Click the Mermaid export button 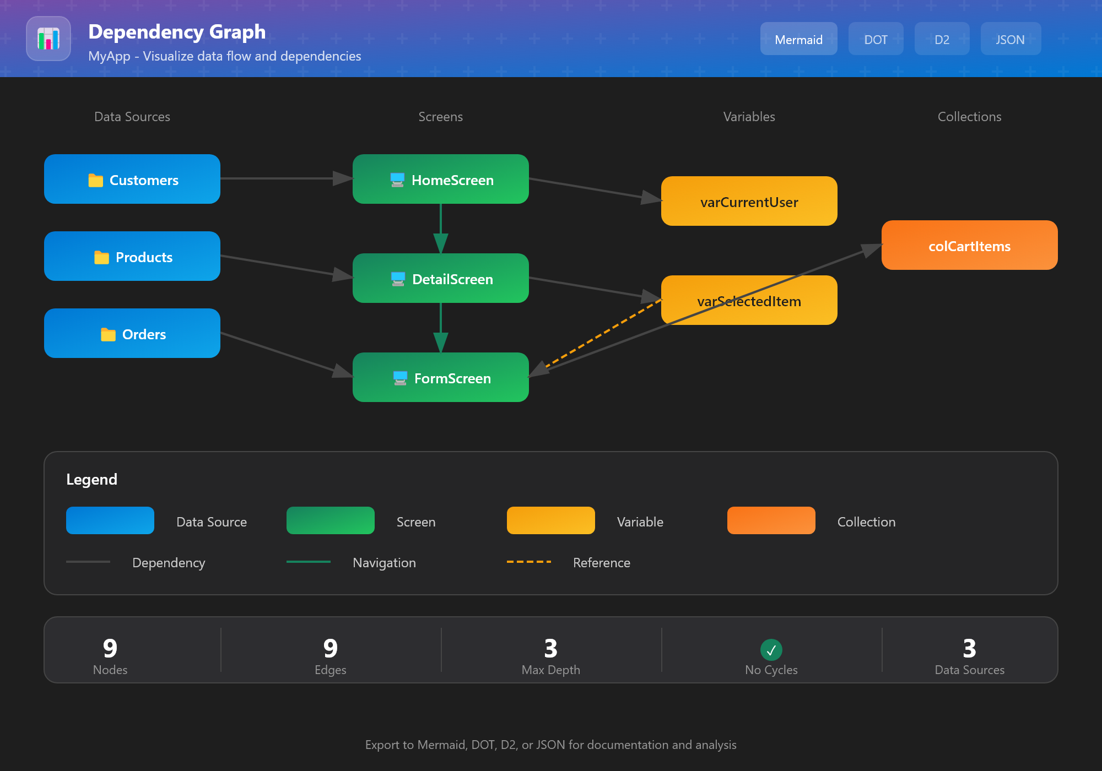click(798, 39)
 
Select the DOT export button click(876, 39)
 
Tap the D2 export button click(942, 39)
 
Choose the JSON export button click(1010, 39)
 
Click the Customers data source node click(132, 179)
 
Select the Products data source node click(132, 256)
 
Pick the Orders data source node click(132, 333)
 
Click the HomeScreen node click(441, 179)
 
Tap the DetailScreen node click(441, 278)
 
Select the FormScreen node click(441, 377)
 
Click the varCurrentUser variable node click(749, 201)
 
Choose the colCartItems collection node click(970, 245)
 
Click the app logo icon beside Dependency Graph click(48, 39)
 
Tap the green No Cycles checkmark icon click(771, 650)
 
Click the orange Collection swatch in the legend click(771, 520)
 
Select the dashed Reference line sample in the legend click(529, 562)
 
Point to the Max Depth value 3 click(551, 649)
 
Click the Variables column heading click(749, 117)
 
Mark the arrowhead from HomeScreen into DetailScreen click(441, 243)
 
